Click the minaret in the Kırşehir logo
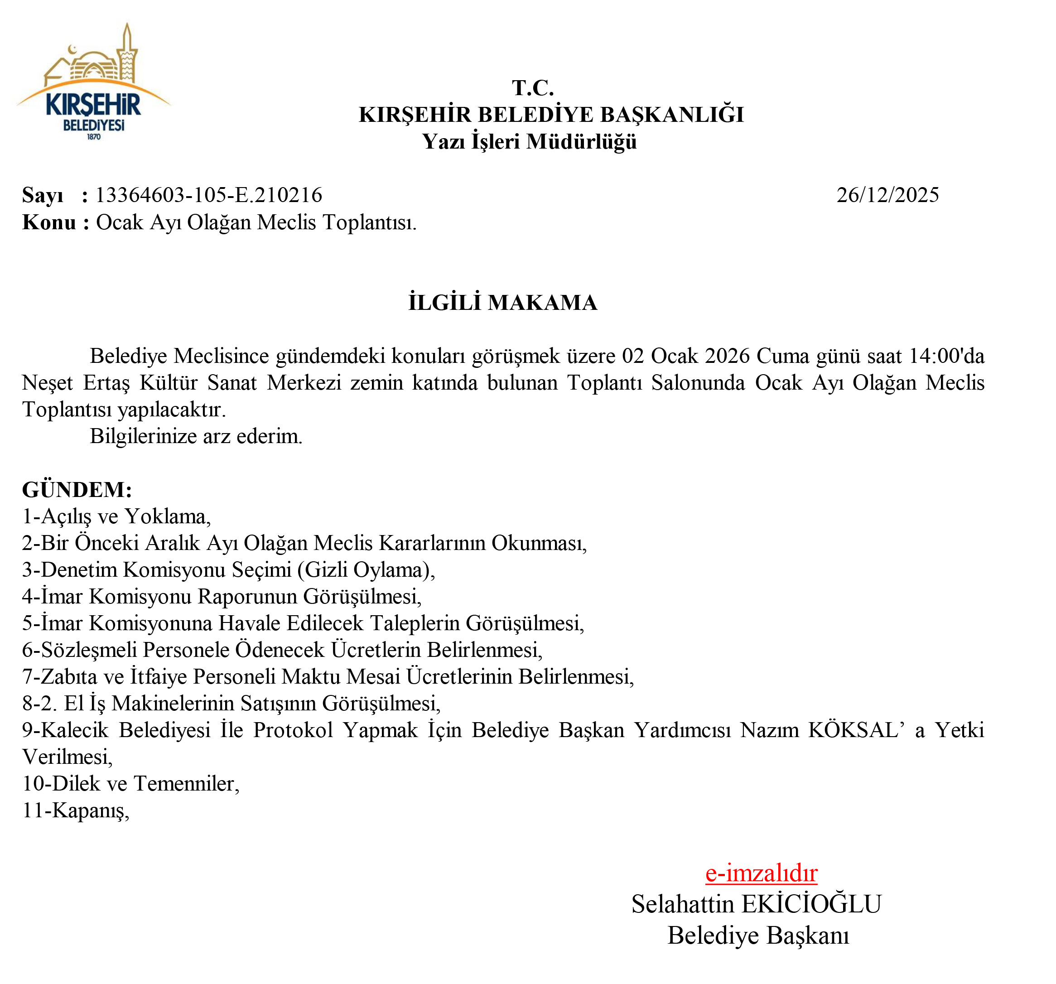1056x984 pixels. [x=127, y=53]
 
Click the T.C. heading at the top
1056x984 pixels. [x=533, y=88]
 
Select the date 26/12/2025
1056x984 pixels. [x=887, y=195]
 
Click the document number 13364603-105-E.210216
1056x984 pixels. [x=209, y=195]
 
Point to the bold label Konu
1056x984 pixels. [x=49, y=222]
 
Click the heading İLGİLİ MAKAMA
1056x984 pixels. [x=502, y=303]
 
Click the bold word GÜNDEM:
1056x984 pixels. [x=77, y=490]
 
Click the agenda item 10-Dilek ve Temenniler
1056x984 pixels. [x=130, y=784]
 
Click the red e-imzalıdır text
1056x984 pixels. [x=761, y=873]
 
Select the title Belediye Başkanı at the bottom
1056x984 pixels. [x=758, y=936]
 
